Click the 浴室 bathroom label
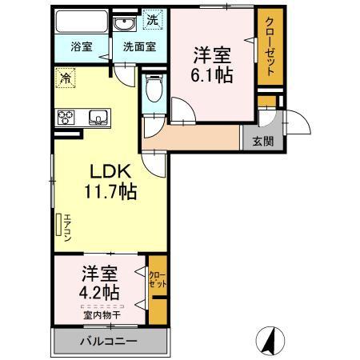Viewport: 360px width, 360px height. tap(82, 47)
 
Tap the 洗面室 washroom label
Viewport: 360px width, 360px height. tap(139, 47)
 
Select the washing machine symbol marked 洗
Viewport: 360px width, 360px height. tap(153, 19)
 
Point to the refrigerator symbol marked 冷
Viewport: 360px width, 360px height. tap(66, 78)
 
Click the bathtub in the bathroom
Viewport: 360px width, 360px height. tap(82, 22)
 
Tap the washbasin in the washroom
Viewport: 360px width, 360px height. tap(125, 24)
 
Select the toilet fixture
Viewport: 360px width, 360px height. tap(154, 88)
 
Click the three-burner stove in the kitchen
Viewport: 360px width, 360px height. tap(66, 118)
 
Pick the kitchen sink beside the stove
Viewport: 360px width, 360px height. tap(98, 118)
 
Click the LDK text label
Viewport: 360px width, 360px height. tap(110, 171)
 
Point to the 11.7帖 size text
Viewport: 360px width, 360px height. tap(110, 191)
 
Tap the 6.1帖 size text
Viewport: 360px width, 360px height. tap(212, 75)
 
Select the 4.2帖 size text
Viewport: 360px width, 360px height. tap(99, 293)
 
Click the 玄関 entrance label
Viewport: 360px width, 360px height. tap(263, 141)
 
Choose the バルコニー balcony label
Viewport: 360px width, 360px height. tap(109, 341)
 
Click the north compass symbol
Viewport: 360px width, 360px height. tap(270, 341)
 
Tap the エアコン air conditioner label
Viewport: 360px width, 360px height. tap(67, 228)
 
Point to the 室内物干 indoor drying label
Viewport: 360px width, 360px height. tap(102, 315)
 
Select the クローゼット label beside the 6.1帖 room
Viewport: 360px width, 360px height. tap(270, 46)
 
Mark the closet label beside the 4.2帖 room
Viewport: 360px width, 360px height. tap(158, 279)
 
